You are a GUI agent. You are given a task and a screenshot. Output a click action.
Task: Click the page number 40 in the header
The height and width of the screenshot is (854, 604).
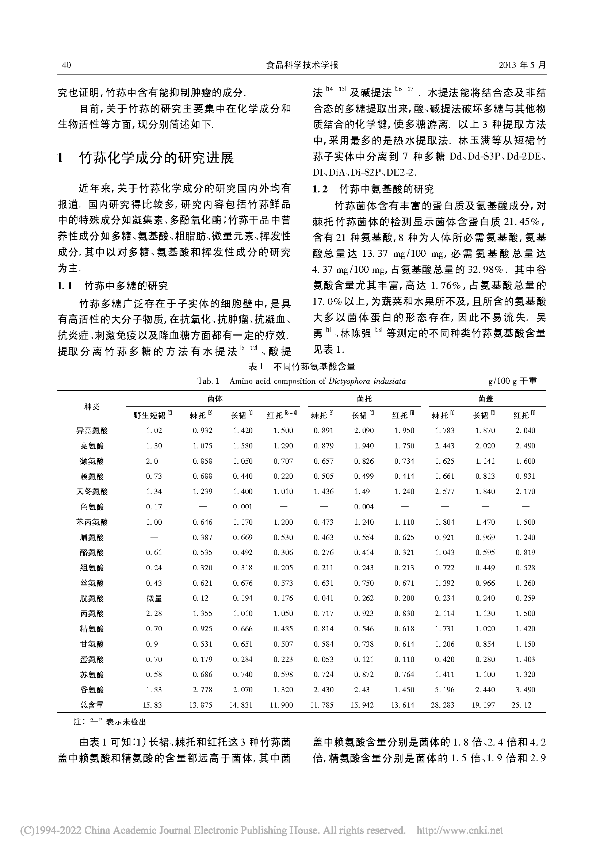66,65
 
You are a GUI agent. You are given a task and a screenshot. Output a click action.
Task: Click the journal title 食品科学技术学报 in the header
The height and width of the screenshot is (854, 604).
302,65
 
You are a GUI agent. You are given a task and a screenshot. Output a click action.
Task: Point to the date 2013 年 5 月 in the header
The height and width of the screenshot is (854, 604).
522,65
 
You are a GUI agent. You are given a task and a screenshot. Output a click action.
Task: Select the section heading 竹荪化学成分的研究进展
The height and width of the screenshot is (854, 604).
157,158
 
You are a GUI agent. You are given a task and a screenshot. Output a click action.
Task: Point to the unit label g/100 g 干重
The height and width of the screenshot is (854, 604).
512,381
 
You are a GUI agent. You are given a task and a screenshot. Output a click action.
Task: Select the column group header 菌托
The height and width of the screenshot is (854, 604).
364,399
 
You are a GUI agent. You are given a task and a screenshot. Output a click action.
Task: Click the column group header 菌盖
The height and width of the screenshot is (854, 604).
485,399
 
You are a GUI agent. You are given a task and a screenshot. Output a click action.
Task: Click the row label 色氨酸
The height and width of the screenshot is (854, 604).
92,507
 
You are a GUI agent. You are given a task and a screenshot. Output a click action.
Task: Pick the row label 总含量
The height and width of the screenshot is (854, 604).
92,705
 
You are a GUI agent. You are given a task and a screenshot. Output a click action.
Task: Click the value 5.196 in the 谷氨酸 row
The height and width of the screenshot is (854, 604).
444,690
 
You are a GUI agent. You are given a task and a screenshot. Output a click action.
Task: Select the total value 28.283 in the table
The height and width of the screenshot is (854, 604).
442,705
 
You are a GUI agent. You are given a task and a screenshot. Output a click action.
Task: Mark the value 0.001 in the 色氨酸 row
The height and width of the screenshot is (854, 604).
242,507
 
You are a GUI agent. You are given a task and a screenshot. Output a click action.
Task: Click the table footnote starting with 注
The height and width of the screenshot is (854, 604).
110,722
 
